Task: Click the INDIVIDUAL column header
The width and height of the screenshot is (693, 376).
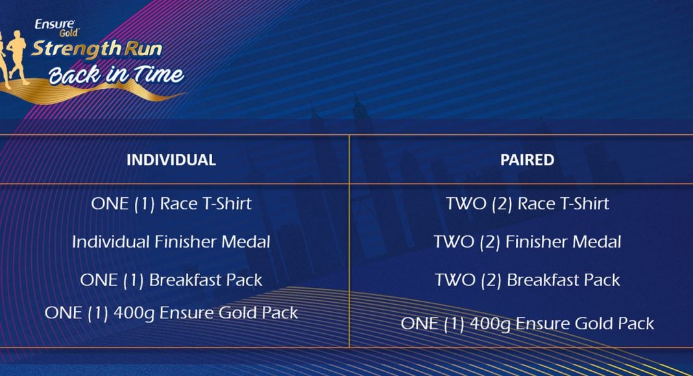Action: [171, 159]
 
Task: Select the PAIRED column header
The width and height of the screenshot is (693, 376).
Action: [527, 159]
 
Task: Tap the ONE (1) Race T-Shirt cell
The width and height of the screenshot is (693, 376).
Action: [171, 204]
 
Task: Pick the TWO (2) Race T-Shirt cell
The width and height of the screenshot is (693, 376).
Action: [527, 204]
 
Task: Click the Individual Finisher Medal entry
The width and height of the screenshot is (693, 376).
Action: [171, 242]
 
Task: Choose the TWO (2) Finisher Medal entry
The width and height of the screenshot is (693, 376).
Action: [527, 242]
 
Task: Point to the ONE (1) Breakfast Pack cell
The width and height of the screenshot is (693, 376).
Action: [171, 280]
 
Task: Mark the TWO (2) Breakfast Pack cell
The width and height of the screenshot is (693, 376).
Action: [527, 280]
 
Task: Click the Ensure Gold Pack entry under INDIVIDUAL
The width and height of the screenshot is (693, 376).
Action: [171, 313]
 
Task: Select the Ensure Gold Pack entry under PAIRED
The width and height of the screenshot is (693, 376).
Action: [527, 324]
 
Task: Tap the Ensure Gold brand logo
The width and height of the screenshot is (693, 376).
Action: [56, 28]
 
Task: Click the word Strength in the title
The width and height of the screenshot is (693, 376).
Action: [76, 49]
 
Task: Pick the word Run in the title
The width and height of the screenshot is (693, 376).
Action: [143, 49]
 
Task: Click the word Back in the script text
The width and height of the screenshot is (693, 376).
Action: [74, 75]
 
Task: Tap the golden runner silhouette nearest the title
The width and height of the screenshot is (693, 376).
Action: [16, 56]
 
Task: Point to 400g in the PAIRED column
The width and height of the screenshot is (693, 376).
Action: [490, 324]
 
